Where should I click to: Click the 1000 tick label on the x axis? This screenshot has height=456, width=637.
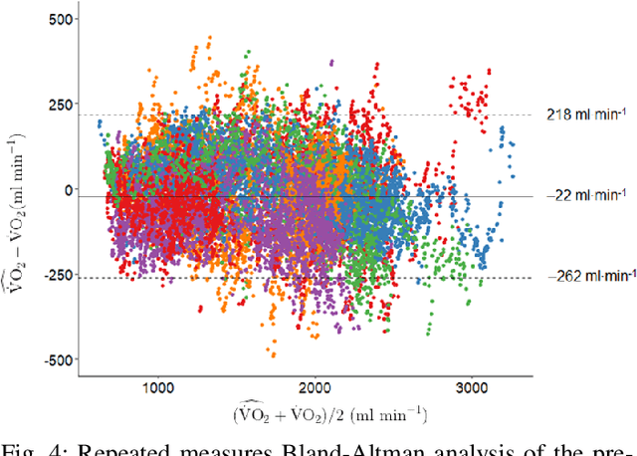[157, 386]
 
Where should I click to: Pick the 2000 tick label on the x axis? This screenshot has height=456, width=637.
[315, 386]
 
